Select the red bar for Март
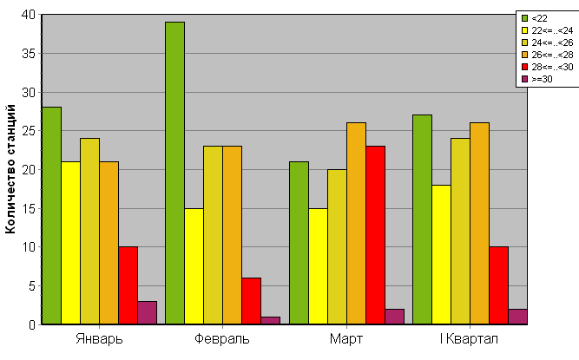click(375, 235)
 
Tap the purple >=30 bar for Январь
click(147, 312)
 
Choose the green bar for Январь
click(51, 216)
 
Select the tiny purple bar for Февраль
click(270, 320)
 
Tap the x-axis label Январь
click(99, 338)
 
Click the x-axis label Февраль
click(222, 338)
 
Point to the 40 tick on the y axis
click(30, 15)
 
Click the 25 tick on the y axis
click(30, 131)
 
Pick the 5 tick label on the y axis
click(32, 285)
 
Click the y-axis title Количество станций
click(11, 169)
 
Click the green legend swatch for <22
click(523, 17)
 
